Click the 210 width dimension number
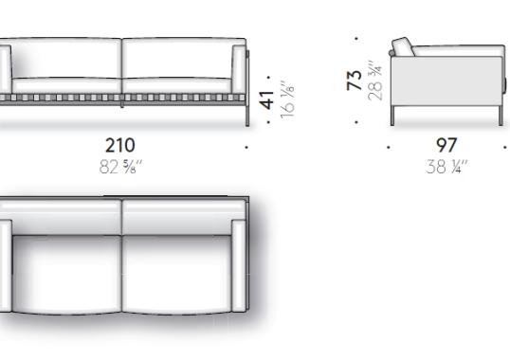(x=119, y=145)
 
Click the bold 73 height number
(x=355, y=81)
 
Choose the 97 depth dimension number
(x=446, y=145)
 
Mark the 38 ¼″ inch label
(x=446, y=166)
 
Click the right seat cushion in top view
(x=175, y=275)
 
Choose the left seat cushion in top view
(x=66, y=275)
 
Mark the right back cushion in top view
(x=180, y=215)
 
